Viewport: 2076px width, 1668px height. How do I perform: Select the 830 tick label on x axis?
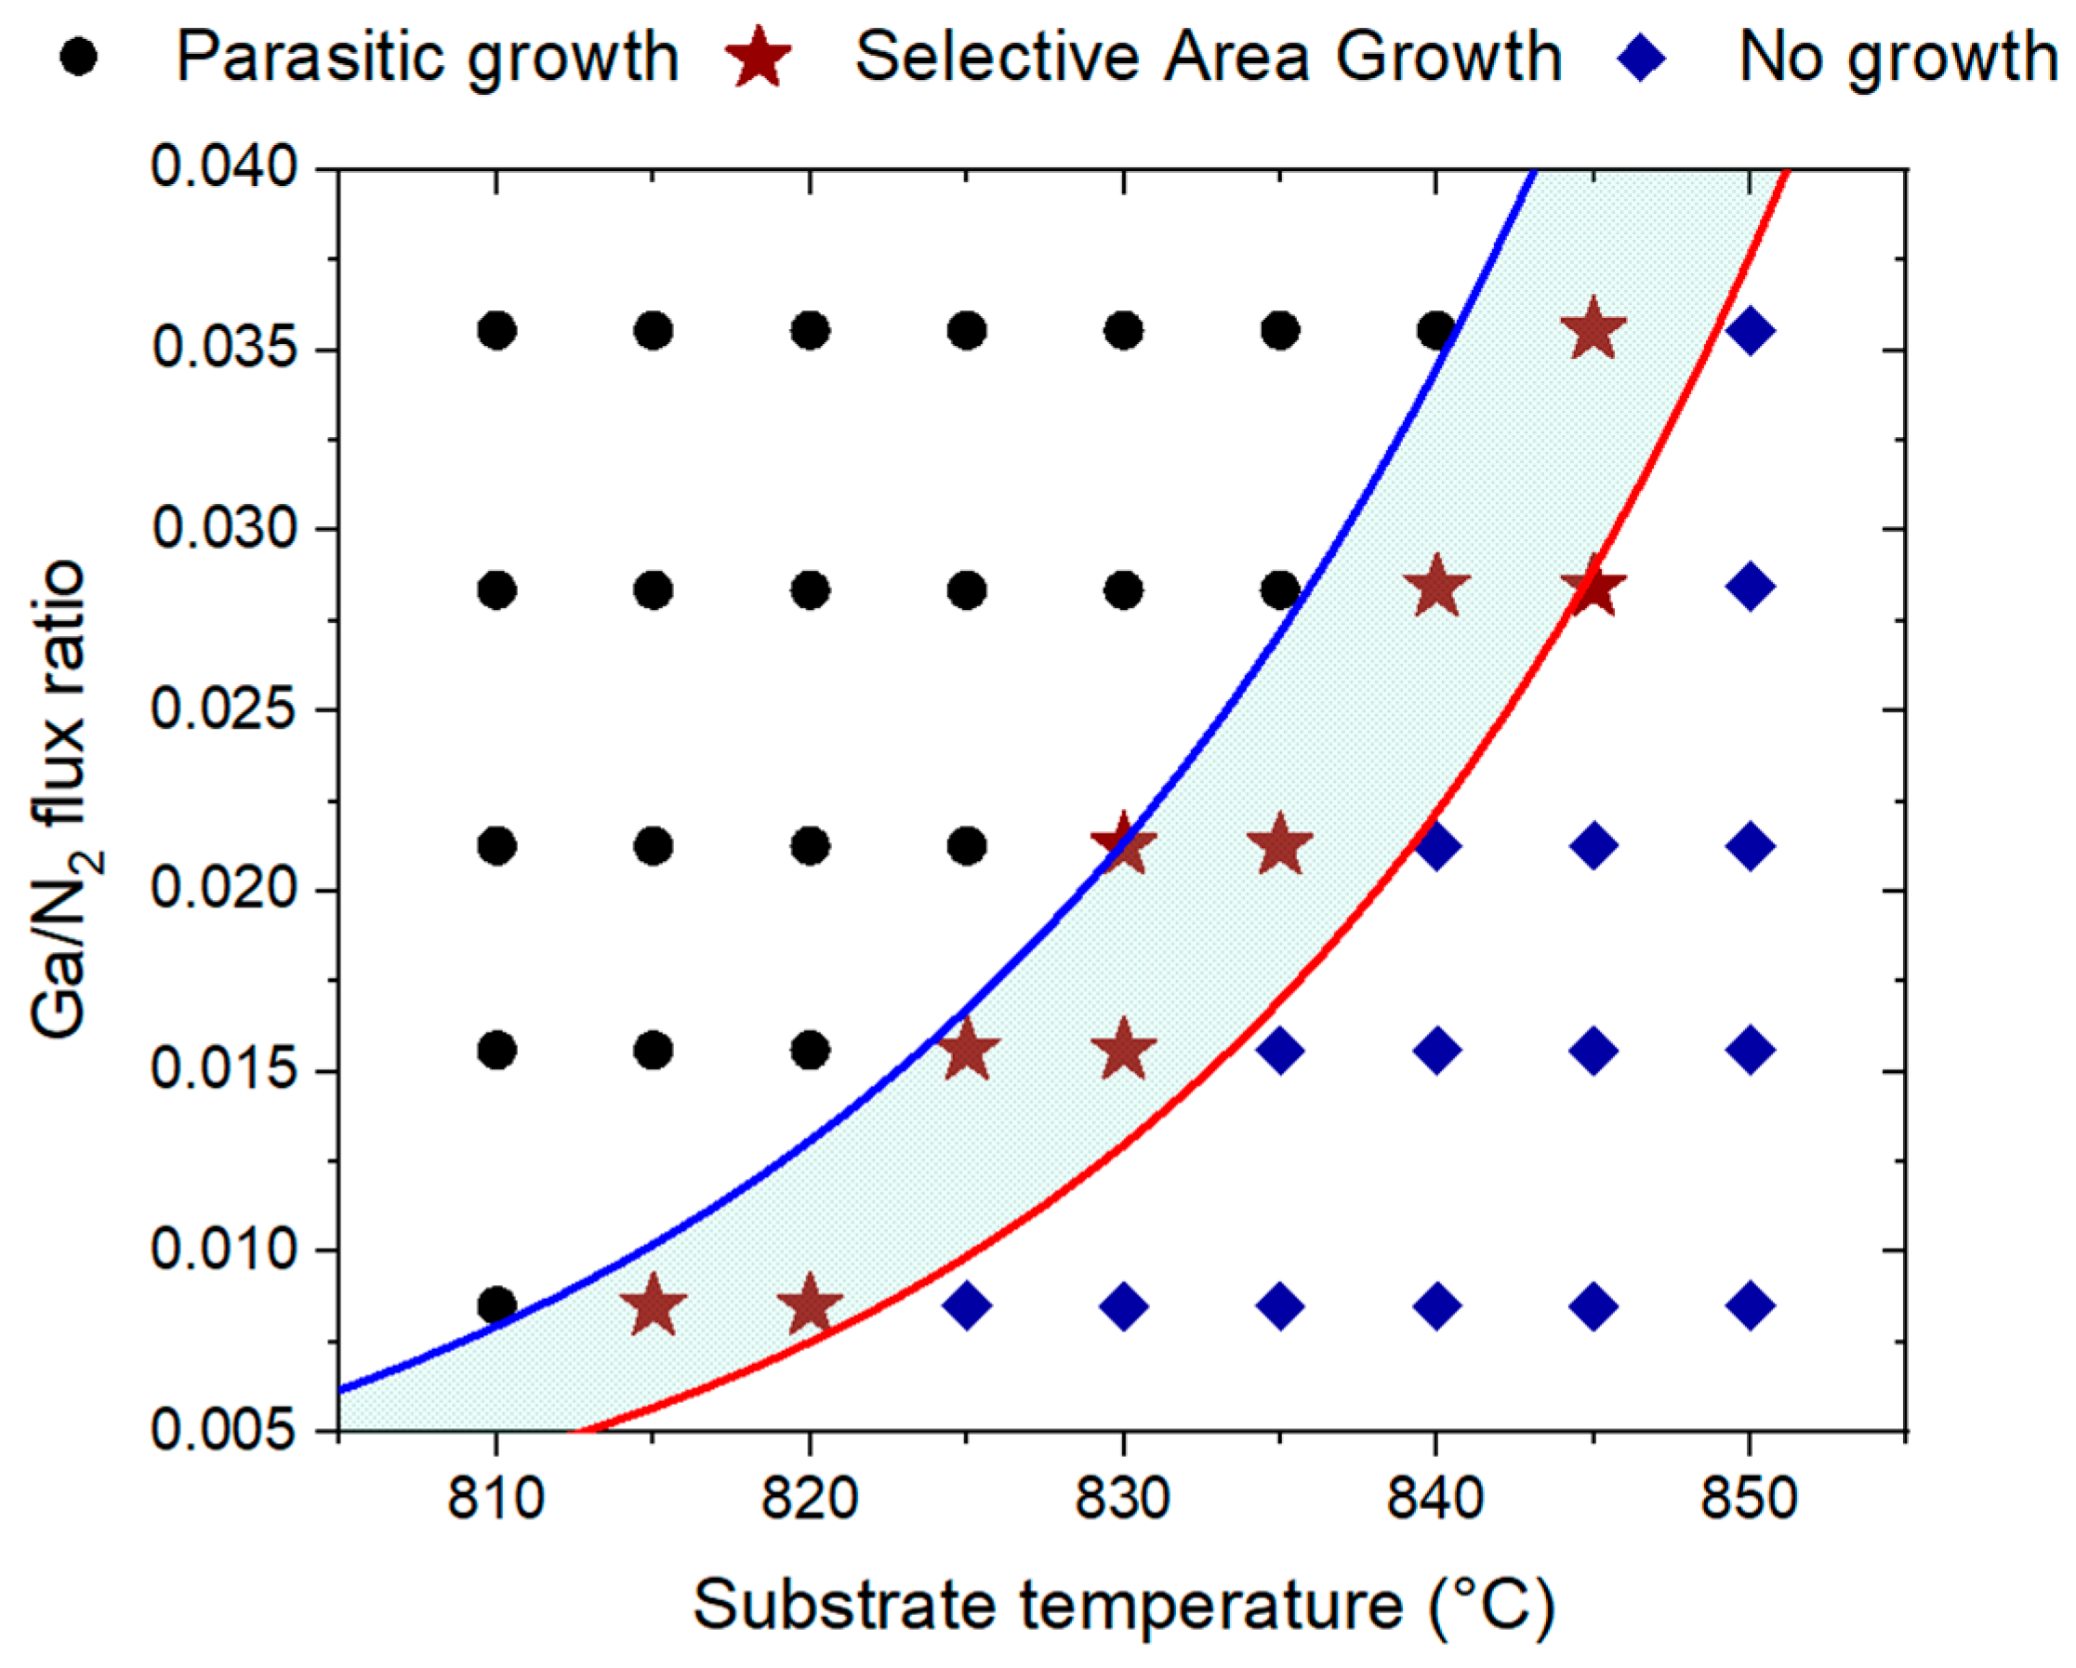[x=1123, y=1499]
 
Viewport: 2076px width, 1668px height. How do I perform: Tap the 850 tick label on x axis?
[x=1750, y=1499]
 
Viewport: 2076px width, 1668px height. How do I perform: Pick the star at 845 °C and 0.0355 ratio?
[x=1593, y=330]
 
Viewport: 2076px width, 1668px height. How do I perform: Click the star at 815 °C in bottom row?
[x=654, y=1306]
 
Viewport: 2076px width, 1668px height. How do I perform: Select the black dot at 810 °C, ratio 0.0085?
[x=496, y=1306]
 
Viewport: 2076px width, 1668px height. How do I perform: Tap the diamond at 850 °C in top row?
[x=1751, y=331]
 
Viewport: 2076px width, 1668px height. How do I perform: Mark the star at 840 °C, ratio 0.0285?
[x=1436, y=588]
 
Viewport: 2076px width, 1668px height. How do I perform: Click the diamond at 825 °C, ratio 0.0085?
[x=968, y=1306]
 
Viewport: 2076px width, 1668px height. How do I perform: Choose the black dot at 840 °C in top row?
[x=1435, y=330]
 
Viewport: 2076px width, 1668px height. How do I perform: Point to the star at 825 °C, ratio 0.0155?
[x=967, y=1051]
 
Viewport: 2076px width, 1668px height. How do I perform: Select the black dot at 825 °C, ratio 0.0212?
[x=967, y=846]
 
